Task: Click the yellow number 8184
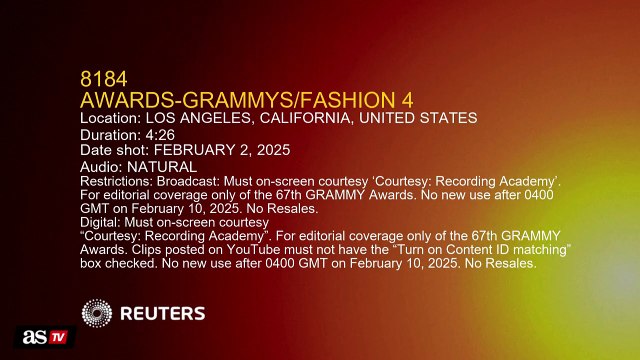[103, 78]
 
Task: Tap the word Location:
[110, 118]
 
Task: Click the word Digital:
[99, 222]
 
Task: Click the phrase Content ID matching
[507, 250]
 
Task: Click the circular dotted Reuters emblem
[98, 314]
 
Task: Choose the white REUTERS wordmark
[163, 314]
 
